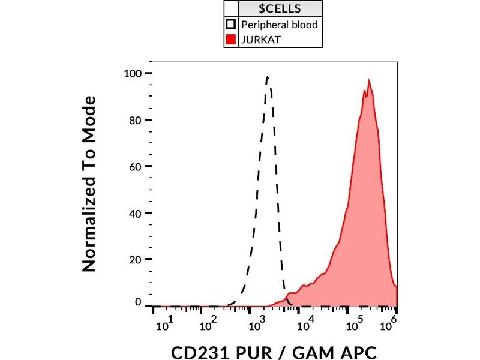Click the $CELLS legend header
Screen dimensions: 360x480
[280, 8]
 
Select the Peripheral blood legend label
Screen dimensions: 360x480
[280, 25]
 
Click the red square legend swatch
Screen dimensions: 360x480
[231, 40]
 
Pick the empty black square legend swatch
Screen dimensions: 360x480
[231, 25]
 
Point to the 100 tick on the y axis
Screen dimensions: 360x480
[131, 74]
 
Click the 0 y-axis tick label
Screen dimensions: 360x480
[138, 302]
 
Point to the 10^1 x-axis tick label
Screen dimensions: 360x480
[164, 325]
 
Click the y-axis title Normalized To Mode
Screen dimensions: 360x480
[89, 183]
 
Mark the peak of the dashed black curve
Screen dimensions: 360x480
[268, 77]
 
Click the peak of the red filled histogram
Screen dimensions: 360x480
[369, 80]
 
